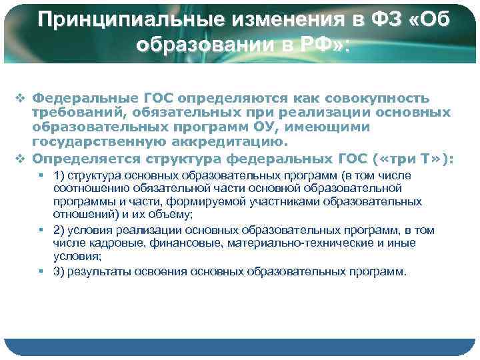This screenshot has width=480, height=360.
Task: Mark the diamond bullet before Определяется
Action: (23, 158)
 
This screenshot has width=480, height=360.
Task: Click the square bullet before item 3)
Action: (41, 271)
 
